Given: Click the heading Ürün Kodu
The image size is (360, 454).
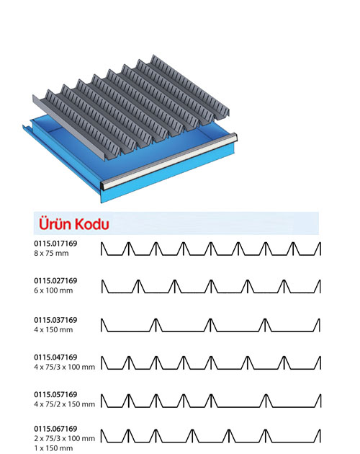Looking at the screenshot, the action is pos(73,223).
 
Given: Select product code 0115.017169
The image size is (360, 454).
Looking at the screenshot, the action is pos(55,244).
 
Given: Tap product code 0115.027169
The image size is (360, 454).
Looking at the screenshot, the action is pos(55,280).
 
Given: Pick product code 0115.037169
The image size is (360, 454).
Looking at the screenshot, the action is pos(55,320).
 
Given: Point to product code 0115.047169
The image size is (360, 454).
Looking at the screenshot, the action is pos(55,357).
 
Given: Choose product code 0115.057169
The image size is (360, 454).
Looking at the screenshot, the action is pos(55,394).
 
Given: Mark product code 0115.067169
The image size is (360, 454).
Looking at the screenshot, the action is pos(55,429).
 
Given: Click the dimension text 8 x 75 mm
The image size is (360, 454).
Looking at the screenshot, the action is pos(51,253).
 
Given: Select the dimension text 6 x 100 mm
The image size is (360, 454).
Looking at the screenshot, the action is pos(53,290).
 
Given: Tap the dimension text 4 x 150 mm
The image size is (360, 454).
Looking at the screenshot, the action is pos(53,329).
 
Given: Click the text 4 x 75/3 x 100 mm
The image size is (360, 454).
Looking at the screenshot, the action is pos(64,367).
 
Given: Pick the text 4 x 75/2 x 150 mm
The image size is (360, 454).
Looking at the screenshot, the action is pos(64,404).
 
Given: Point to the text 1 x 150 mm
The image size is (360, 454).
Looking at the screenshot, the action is pos(53,448).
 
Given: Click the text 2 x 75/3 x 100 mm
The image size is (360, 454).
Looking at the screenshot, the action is pos(64,438).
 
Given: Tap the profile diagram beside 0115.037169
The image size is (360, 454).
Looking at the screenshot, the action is pos(211,325).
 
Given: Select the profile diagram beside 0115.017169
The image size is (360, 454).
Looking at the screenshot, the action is pos(211,249).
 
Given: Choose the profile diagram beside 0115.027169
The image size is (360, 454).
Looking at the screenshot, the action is pos(211,286).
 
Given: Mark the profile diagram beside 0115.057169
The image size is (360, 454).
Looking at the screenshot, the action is pos(211,401).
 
